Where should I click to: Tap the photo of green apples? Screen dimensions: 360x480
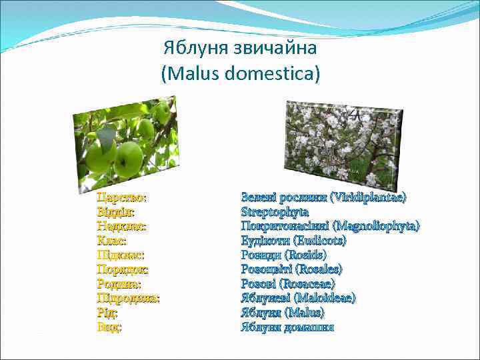coord(125,144)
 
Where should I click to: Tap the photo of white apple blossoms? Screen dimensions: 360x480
coord(343,143)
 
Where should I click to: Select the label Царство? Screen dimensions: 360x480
coord(122,197)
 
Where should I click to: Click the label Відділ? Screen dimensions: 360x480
coord(115,211)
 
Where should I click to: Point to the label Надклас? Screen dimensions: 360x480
coord(121,226)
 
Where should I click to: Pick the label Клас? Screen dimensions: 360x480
coord(111,240)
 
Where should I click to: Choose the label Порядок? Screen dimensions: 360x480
coord(123,269)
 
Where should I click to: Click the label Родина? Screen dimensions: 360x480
coord(119,284)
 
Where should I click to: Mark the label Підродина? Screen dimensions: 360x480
coord(128,299)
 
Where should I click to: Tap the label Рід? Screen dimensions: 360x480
coord(107,313)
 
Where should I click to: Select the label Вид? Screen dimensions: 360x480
coord(109,327)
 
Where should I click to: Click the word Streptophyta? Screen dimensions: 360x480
coord(274,211)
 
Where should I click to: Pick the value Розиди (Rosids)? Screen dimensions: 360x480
coord(283,255)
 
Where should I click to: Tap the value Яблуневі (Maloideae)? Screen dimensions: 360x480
coord(298,299)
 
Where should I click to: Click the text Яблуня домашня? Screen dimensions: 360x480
coord(287,327)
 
